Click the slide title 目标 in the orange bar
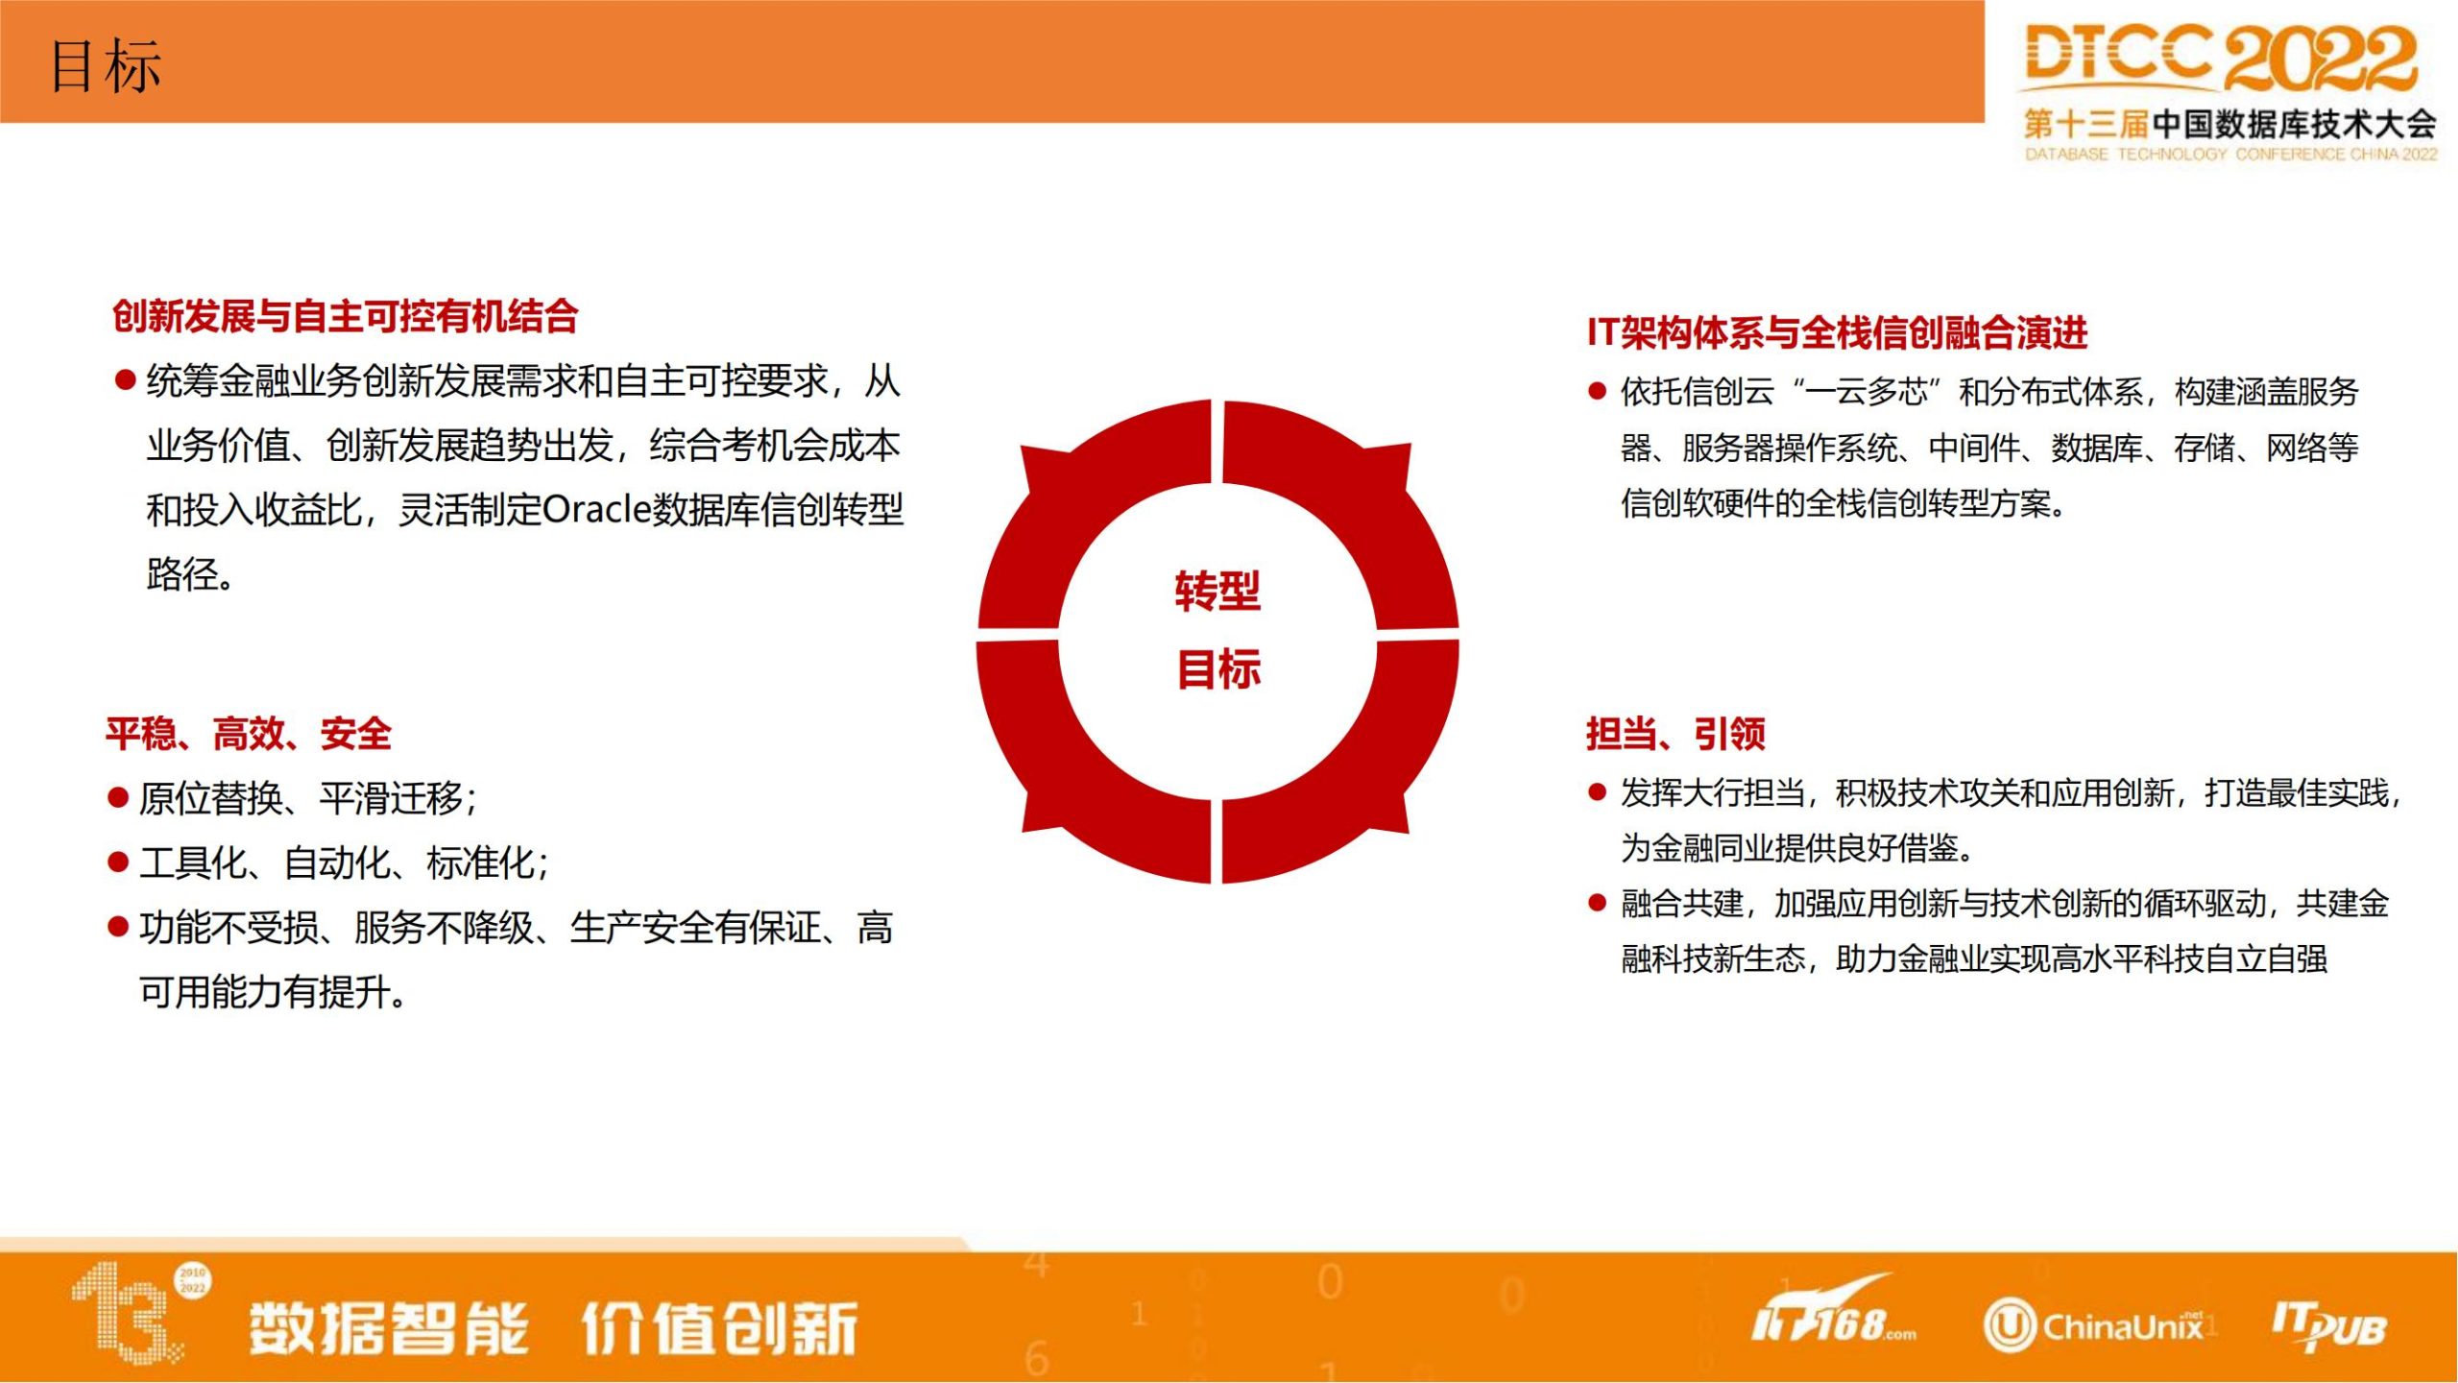[106, 66]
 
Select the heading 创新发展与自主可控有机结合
[345, 316]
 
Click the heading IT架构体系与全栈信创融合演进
[1837, 332]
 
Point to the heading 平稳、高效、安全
[249, 734]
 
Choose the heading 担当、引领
[1675, 734]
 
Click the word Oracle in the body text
[596, 509]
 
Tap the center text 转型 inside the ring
[1217, 591]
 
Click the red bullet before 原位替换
[118, 797]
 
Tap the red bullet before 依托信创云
[1598, 391]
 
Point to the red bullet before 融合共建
[1598, 903]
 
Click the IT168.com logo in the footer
[1833, 1312]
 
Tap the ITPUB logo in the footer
[2328, 1326]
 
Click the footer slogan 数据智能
[389, 1328]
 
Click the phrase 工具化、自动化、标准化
[344, 862]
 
